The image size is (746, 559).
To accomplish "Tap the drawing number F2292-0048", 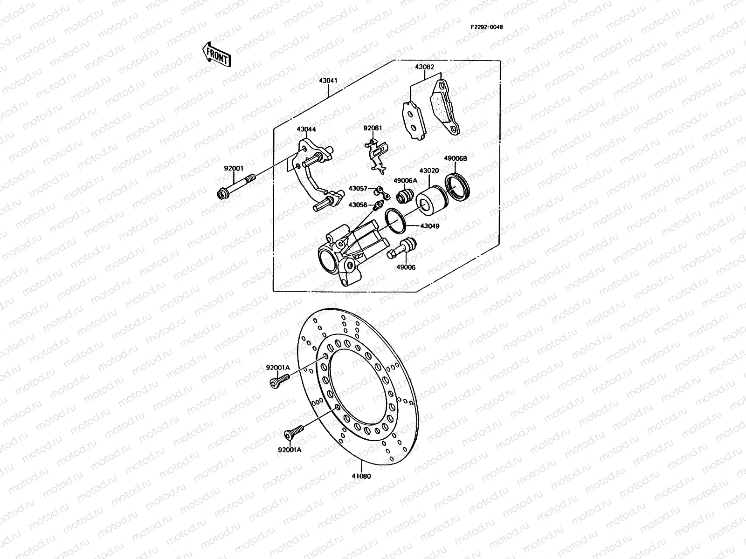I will [x=486, y=27].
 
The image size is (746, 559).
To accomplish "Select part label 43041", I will [x=328, y=81].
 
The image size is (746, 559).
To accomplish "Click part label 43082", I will [x=424, y=67].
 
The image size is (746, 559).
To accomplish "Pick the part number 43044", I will [x=306, y=129].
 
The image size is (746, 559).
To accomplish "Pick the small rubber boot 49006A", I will [x=404, y=196].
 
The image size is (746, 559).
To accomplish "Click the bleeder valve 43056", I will [x=378, y=205].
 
